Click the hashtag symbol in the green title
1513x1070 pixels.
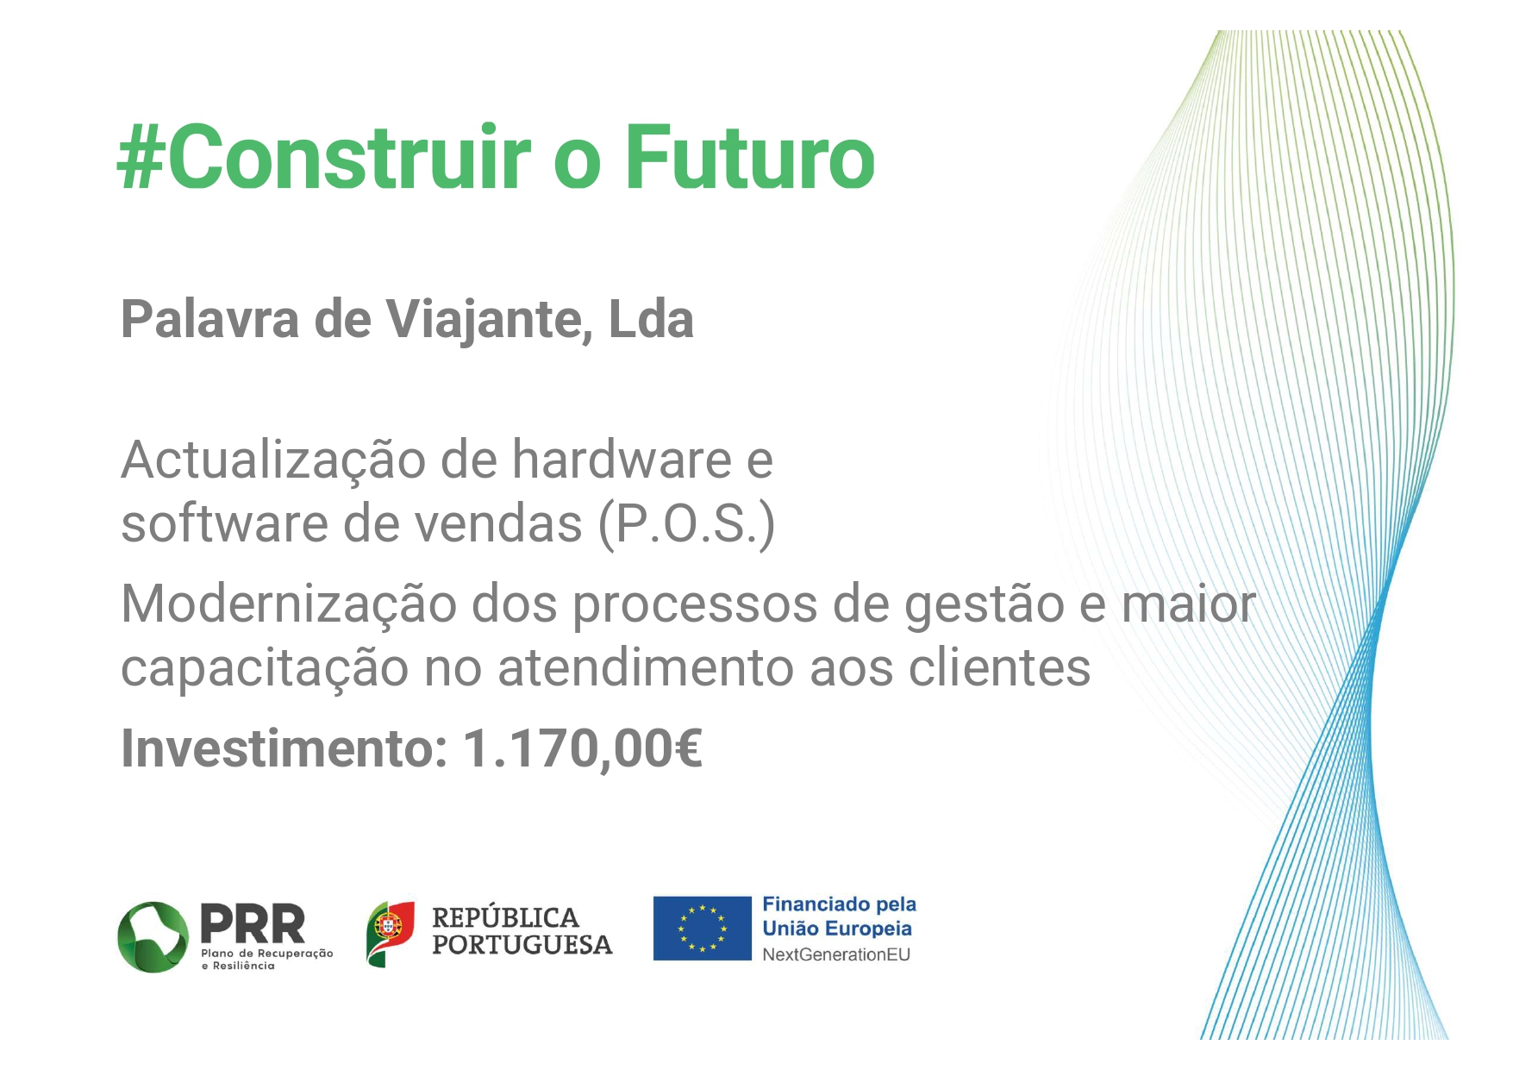coord(141,157)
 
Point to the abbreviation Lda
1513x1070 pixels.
coord(652,319)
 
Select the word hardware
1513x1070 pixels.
coord(622,459)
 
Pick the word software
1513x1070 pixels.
coord(222,523)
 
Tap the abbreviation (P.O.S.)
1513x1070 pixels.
coord(687,524)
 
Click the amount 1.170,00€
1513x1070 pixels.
coord(583,748)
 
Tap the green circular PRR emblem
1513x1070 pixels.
coord(153,937)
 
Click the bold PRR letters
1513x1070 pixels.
coord(252,923)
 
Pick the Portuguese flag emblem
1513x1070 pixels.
coord(391,934)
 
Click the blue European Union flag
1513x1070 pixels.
coord(702,929)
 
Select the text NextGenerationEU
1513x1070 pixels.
coord(836,954)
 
